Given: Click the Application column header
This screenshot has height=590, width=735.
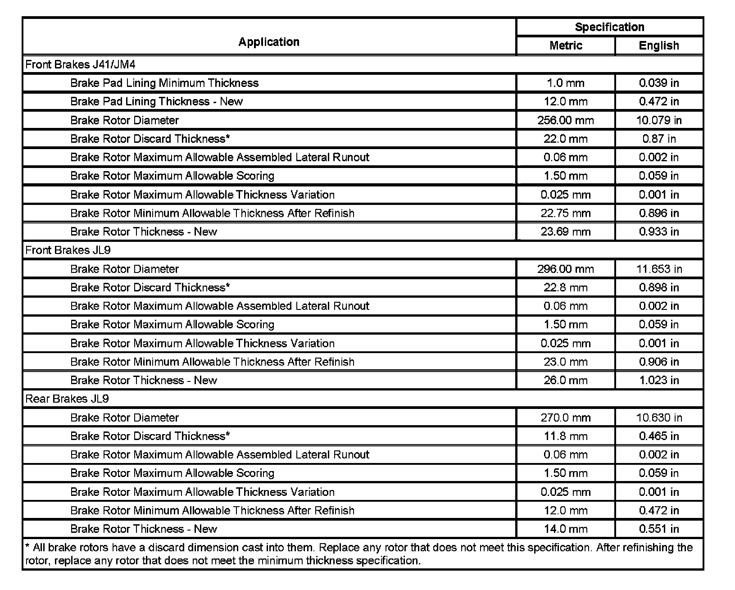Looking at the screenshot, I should pyautogui.click(x=269, y=42).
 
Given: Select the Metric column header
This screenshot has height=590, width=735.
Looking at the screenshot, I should pyautogui.click(x=566, y=45).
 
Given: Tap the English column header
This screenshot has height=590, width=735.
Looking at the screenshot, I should pyautogui.click(x=659, y=45).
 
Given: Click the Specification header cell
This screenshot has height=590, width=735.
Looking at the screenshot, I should pyautogui.click(x=609, y=27).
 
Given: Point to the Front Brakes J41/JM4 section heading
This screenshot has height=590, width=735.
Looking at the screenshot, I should pyautogui.click(x=81, y=64).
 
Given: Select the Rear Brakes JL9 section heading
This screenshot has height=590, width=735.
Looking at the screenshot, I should pyautogui.click(x=67, y=399).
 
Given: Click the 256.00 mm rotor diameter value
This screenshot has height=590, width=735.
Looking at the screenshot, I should pyautogui.click(x=566, y=120).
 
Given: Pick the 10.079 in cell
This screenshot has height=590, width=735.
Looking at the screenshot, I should pyautogui.click(x=659, y=120).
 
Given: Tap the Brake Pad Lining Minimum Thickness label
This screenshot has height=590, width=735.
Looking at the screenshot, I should pyautogui.click(x=164, y=83).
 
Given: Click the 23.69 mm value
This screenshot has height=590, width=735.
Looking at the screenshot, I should pyautogui.click(x=566, y=231).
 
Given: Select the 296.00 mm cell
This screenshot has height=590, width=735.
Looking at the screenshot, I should pyautogui.click(x=566, y=269).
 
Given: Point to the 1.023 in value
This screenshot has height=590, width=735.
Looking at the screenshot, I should pyautogui.click(x=659, y=380).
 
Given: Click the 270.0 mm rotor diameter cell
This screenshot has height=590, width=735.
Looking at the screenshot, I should pyautogui.click(x=566, y=418).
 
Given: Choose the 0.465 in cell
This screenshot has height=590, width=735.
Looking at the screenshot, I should pyautogui.click(x=659, y=436).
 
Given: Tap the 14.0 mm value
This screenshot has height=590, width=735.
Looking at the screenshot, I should pyautogui.click(x=566, y=529).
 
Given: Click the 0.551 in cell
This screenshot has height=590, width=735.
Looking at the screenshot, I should pyautogui.click(x=659, y=529).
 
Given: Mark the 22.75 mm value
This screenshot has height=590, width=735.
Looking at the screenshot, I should pyautogui.click(x=566, y=213).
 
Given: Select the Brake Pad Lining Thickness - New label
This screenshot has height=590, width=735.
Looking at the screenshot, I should pyautogui.click(x=156, y=101).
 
